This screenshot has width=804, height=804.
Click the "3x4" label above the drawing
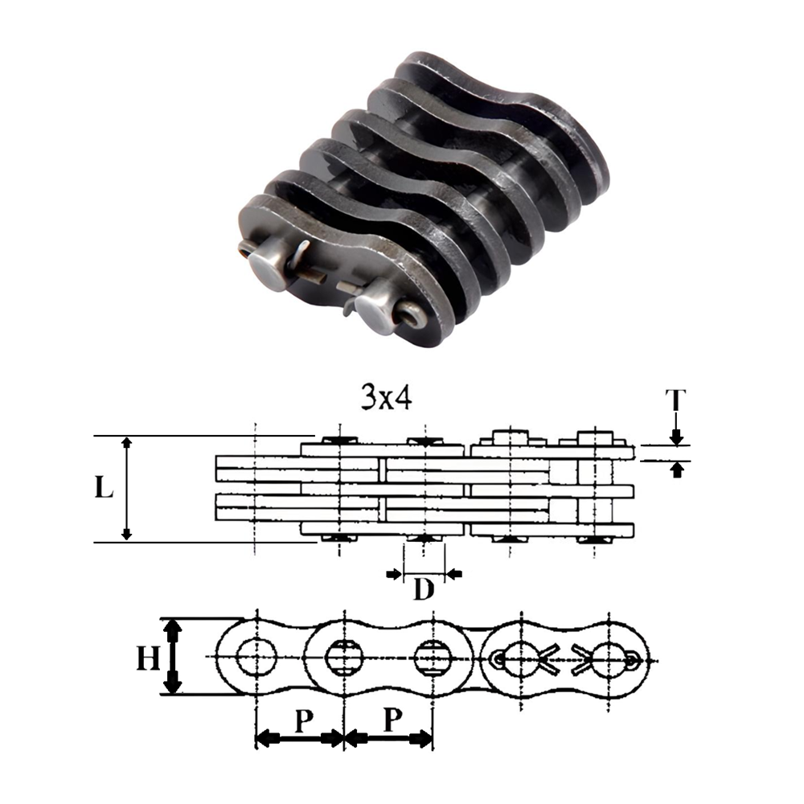(385, 398)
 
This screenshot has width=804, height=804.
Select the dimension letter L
(104, 489)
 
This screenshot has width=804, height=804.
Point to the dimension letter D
(424, 589)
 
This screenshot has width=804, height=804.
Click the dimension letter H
(148, 659)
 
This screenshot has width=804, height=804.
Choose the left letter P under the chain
(301, 721)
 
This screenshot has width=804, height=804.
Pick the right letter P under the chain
(391, 721)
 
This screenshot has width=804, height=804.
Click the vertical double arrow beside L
(126, 489)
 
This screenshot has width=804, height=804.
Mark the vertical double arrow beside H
(171, 657)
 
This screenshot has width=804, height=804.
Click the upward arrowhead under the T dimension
(678, 468)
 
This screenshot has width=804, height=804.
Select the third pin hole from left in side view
(433, 658)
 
